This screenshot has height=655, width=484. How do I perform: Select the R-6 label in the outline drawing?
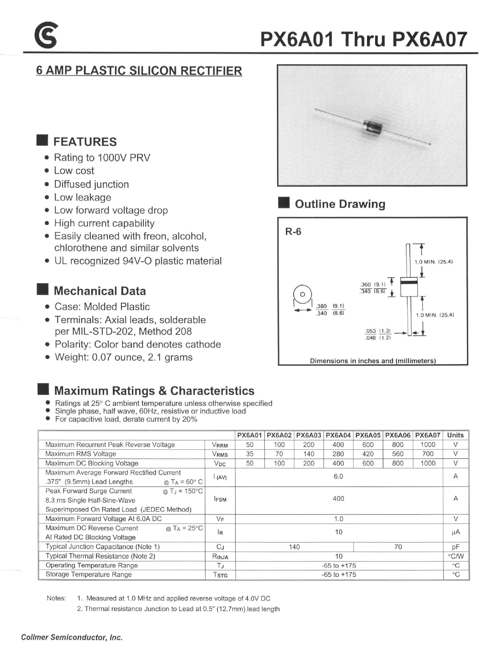293,232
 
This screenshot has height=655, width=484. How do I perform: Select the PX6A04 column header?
338,435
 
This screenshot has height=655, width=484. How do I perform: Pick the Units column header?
455,435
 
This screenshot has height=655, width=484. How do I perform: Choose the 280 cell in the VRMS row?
338,454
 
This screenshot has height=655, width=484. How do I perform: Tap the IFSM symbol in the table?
220,499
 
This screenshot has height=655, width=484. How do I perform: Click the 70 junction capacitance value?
398,547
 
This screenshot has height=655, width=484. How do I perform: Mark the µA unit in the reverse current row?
456,532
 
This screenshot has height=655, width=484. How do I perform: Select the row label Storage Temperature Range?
89,574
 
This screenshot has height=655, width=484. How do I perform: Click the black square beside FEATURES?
42,140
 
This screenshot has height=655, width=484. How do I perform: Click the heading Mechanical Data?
100,291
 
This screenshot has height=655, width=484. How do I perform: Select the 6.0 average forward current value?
338,477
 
